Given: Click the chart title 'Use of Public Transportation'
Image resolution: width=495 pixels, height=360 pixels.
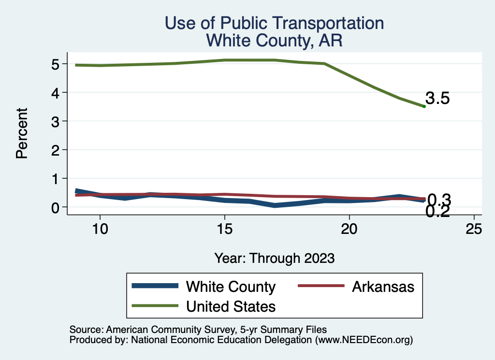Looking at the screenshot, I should pos(274,23).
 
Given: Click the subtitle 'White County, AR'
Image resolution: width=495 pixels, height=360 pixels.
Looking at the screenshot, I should pos(274,41).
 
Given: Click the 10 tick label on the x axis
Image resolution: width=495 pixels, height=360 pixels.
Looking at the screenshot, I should pos(100,229).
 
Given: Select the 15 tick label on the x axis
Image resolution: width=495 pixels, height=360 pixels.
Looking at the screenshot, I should pos(224,229).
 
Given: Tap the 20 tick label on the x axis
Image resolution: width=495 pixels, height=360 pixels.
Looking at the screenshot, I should pos(349,229).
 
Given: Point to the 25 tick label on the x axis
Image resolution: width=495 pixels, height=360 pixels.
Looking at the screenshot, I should pos(474,229).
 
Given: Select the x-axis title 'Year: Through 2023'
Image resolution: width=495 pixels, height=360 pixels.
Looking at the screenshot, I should pos(274,259).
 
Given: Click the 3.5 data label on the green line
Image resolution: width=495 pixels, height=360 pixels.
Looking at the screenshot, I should pos(438,99).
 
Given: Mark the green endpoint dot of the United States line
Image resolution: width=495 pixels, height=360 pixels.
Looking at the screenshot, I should pos(424,106).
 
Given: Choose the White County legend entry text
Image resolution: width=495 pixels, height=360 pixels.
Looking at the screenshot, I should pos(231,287).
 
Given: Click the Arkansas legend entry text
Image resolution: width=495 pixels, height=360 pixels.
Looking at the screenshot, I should pos(383,287).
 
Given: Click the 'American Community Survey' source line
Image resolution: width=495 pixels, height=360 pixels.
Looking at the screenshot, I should pos(198,330).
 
